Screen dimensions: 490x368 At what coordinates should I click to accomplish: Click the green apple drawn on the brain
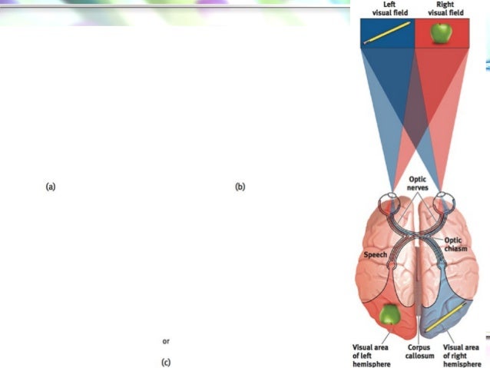(391, 313)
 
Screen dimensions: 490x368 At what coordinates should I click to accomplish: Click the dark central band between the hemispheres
(418, 307)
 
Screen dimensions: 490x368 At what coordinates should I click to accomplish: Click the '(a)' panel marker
(51, 187)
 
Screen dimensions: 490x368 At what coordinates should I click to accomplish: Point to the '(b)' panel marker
(240, 187)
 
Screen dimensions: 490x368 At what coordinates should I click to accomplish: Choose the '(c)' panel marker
(165, 362)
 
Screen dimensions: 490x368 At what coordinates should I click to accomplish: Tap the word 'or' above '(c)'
(165, 340)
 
